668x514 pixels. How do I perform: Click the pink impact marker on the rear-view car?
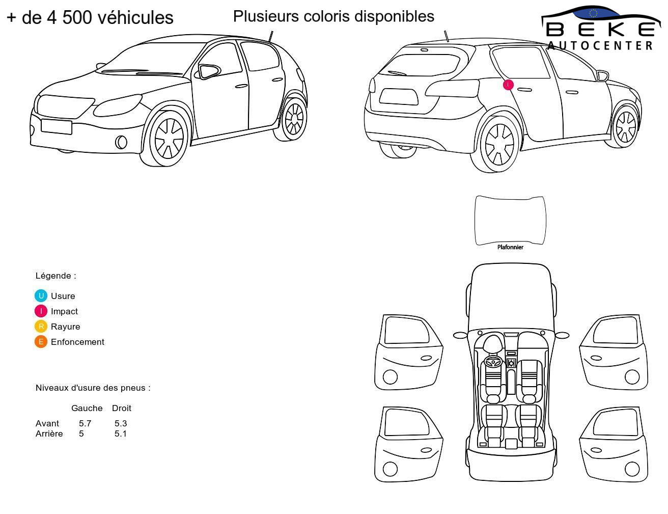(x=508, y=85)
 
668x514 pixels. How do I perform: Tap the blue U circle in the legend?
(x=41, y=296)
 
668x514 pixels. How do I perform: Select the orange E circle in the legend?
(x=41, y=341)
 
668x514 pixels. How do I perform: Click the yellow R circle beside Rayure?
(x=41, y=326)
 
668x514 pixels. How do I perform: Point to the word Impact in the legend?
(x=64, y=311)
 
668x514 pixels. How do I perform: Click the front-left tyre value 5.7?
(x=85, y=423)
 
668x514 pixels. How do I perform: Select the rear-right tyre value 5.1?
(x=121, y=434)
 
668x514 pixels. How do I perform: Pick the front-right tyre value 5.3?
(x=121, y=423)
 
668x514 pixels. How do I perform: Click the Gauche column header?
(x=87, y=408)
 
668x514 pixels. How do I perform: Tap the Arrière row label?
(x=49, y=434)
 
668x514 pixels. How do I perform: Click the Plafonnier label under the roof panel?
(x=510, y=247)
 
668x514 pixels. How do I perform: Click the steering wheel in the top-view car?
(x=493, y=362)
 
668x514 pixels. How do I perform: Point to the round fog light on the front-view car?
(x=121, y=142)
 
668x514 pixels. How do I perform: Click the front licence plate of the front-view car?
(x=56, y=127)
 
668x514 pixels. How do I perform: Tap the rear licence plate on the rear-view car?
(x=399, y=97)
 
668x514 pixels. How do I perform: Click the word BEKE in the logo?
(x=600, y=30)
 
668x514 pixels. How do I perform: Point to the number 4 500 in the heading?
(x=69, y=17)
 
